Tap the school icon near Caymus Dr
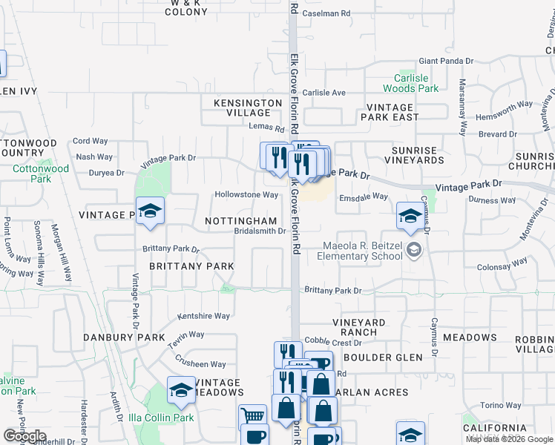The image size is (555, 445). [x=410, y=217]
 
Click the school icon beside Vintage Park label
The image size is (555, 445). [x=149, y=212]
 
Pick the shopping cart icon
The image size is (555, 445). [x=253, y=418]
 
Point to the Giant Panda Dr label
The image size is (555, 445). [x=446, y=61]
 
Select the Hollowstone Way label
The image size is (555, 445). [x=246, y=195]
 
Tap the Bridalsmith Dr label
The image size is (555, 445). [x=260, y=231]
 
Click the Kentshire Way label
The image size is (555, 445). [x=203, y=316]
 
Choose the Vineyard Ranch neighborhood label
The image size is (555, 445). [x=358, y=327]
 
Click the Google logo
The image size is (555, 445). [x=25, y=436]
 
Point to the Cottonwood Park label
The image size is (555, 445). [x=42, y=174]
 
